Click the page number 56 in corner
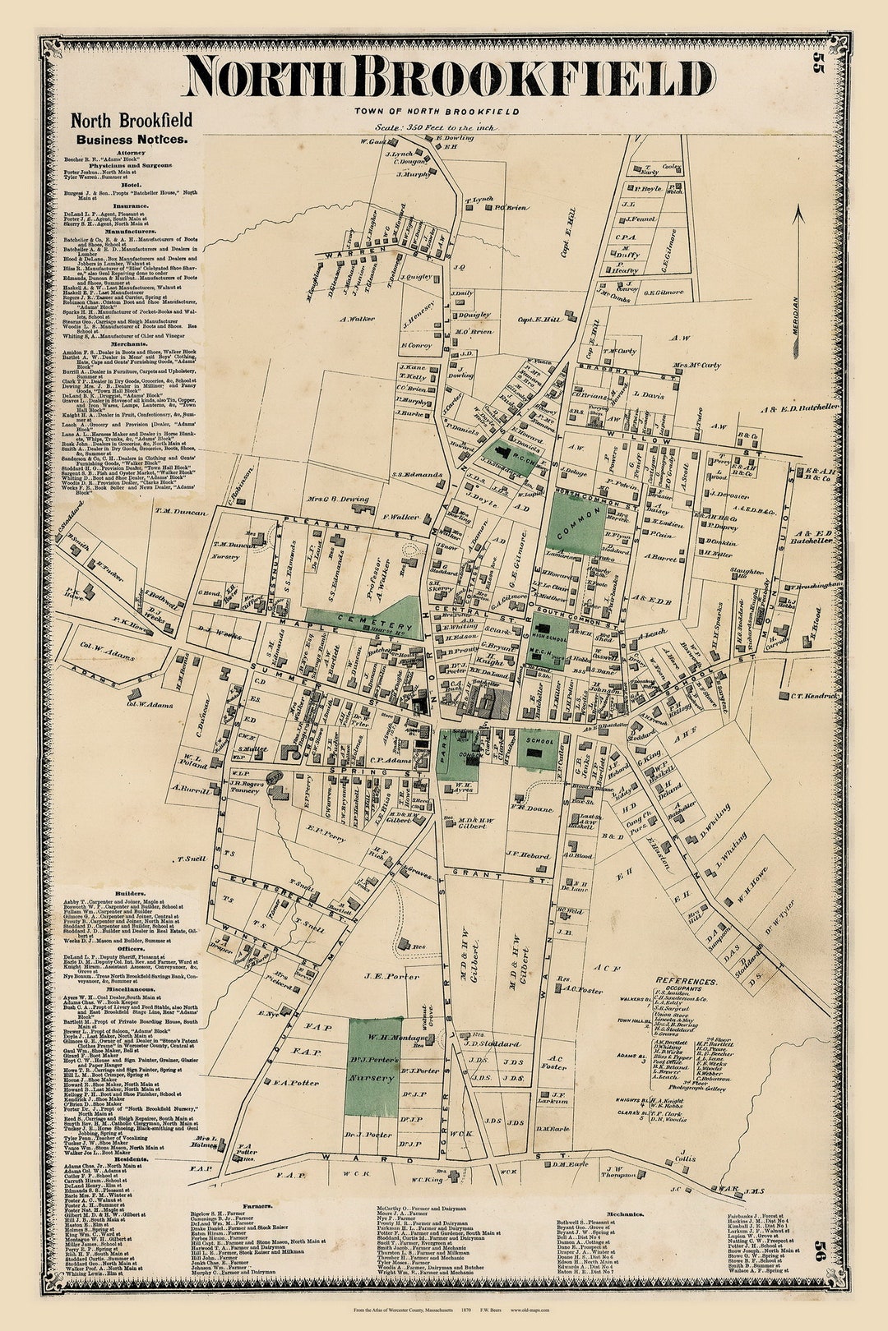pyautogui.click(x=818, y=1229)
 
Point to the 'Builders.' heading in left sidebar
pyautogui.click(x=131, y=892)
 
